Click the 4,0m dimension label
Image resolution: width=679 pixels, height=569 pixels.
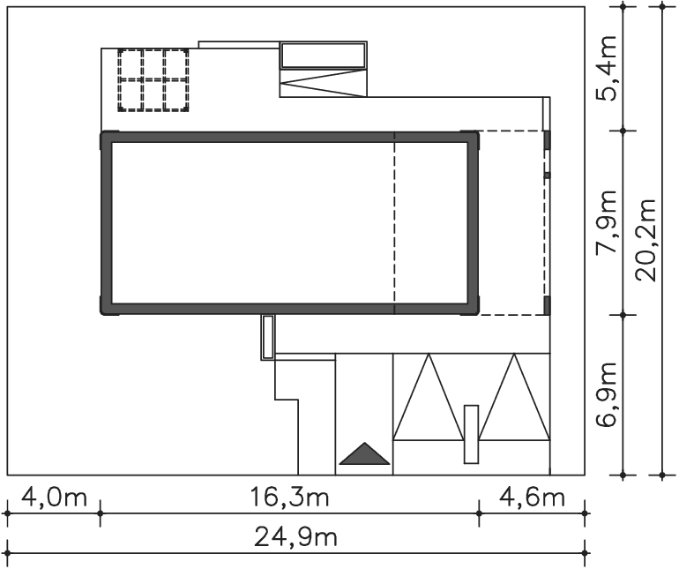click(x=54, y=498)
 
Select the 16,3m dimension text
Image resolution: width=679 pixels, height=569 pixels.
click(x=290, y=498)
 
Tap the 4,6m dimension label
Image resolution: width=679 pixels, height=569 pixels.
click(x=533, y=498)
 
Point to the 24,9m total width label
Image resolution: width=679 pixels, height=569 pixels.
click(x=295, y=538)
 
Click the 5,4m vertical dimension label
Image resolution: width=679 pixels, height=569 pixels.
click(x=607, y=69)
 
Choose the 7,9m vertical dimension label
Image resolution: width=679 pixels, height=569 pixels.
click(x=607, y=222)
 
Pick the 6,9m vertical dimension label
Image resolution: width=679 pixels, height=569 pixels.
click(x=607, y=394)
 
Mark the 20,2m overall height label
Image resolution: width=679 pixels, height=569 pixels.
click(x=646, y=241)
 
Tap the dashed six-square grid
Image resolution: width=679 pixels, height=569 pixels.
click(x=153, y=80)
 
